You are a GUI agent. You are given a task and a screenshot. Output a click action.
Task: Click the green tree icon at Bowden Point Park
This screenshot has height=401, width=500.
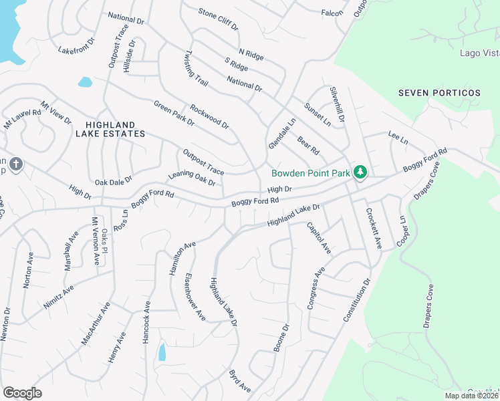pyautogui.click(x=361, y=173)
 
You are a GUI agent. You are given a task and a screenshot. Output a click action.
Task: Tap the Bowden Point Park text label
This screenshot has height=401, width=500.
pyautogui.click(x=310, y=173)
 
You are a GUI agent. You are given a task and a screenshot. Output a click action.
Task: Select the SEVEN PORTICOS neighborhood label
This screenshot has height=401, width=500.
pyautogui.click(x=439, y=92)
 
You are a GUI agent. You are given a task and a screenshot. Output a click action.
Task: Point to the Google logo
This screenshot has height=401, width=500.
pyautogui.click(x=22, y=392)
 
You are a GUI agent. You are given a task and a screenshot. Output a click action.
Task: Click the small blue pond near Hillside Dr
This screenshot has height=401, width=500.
pyautogui.click(x=85, y=82)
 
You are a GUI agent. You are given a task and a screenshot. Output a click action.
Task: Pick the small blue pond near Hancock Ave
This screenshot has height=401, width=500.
pyautogui.click(x=162, y=352)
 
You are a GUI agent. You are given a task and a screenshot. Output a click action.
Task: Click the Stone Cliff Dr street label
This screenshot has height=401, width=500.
pyautogui.click(x=218, y=19)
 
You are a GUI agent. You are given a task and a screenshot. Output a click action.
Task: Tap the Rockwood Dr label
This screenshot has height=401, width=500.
pyautogui.click(x=209, y=116)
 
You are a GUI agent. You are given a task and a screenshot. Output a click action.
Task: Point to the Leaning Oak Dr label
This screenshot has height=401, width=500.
pyautogui.click(x=192, y=178)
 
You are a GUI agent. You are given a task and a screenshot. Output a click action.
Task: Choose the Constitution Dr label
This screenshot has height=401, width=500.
pyautogui.click(x=356, y=301)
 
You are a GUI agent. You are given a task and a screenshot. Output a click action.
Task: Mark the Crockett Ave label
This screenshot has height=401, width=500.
pyautogui.click(x=373, y=229)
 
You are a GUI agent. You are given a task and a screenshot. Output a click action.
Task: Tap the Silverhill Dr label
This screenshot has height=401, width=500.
pyautogui.click(x=336, y=104)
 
